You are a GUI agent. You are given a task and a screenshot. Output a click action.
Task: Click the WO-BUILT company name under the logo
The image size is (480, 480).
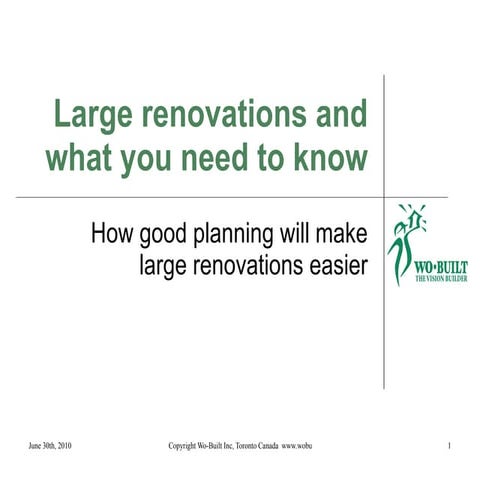click(x=438, y=269)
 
